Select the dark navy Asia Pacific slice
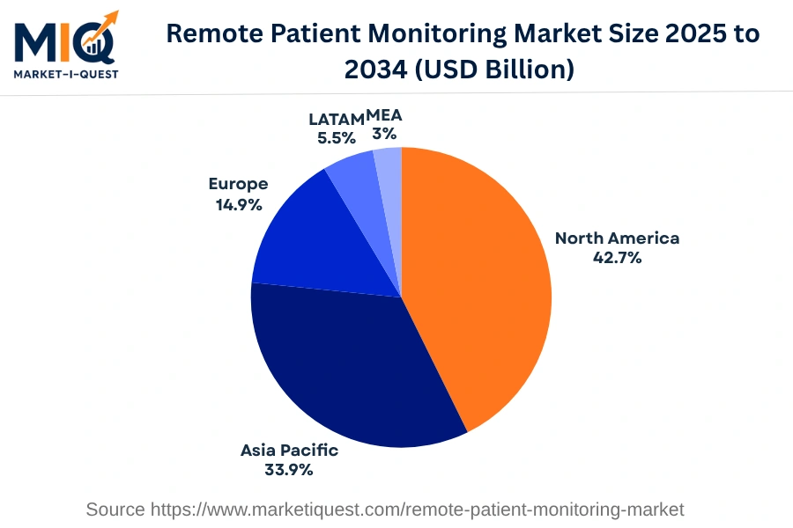click(352, 370)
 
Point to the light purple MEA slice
click(389, 163)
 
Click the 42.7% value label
click(617, 258)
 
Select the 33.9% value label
click(289, 470)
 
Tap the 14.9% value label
click(239, 203)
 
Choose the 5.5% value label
click(337, 137)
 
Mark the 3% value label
click(384, 134)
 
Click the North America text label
click(617, 238)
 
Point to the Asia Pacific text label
click(289, 451)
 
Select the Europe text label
click(238, 184)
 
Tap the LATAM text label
click(336, 118)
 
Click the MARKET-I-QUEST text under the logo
click(66, 74)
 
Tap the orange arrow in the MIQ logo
click(107, 21)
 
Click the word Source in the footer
click(115, 510)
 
